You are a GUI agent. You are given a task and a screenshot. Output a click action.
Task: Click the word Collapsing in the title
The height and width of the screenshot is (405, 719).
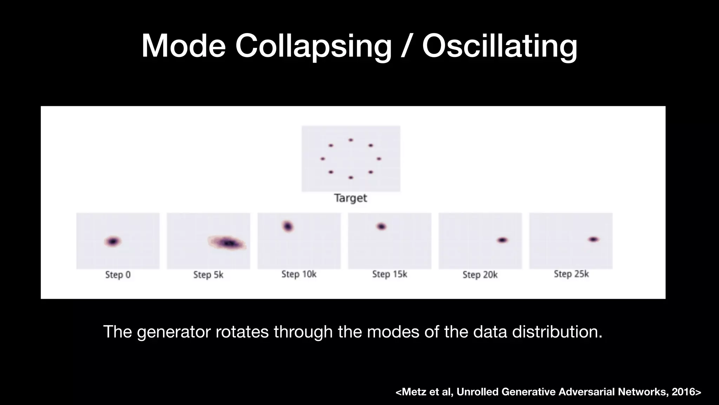coord(313,46)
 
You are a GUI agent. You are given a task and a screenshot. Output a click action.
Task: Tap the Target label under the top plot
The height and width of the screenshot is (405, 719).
coord(350,198)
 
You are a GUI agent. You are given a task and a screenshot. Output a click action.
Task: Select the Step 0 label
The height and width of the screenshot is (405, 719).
coord(118,275)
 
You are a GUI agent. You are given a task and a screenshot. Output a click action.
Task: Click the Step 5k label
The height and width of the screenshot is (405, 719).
coord(208,275)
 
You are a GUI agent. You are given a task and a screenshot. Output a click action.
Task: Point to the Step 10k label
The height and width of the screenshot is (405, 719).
coord(299,274)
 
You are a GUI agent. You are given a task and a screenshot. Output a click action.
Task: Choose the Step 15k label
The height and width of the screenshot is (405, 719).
coord(389,274)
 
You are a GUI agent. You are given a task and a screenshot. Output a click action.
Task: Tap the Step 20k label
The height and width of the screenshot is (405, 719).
coord(480,275)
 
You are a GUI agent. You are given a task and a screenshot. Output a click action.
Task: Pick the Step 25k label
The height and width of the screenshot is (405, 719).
coord(571,274)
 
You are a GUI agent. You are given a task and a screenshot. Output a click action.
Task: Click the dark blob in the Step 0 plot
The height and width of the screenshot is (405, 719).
coord(113,242)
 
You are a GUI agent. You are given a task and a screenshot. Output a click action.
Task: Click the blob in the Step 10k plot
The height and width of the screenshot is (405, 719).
coord(288,226)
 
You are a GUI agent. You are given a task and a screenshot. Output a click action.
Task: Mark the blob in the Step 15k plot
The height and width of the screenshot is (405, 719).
coord(381,226)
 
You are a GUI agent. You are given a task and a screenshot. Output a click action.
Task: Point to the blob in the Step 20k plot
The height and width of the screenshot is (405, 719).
coord(502,240)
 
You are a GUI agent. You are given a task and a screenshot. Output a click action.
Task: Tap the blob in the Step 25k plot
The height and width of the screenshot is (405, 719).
coord(593,239)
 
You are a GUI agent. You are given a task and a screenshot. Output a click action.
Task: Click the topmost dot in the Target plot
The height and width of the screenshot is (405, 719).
coord(350,140)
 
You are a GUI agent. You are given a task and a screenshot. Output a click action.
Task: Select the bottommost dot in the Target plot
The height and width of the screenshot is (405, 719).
coord(350,178)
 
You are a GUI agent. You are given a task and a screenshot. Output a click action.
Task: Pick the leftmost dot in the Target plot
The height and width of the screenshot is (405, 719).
coord(323,159)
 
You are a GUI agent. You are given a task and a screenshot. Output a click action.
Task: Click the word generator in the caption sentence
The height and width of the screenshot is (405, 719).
coord(174,332)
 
